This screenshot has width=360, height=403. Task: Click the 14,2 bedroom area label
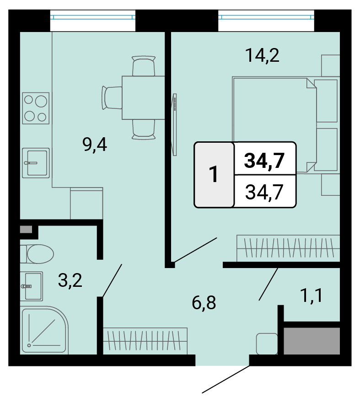click(262, 55)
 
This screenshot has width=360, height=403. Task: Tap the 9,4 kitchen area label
click(95, 145)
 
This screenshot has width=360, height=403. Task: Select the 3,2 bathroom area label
click(70, 280)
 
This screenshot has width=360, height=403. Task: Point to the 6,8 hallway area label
click(204, 303)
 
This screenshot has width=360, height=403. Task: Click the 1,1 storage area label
click(312, 296)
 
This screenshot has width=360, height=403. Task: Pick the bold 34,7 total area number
click(264, 161)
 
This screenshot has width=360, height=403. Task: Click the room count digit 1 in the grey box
click(214, 174)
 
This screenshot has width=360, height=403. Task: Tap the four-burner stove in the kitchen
click(36, 108)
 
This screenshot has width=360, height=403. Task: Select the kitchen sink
click(36, 163)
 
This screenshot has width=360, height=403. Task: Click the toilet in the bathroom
click(37, 254)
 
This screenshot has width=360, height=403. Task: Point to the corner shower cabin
click(44, 330)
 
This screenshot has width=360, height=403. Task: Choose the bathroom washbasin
click(32, 286)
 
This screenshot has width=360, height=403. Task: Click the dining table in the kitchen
click(143, 98)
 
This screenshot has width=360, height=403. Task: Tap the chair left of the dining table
click(112, 98)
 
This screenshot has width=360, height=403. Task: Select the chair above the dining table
click(144, 66)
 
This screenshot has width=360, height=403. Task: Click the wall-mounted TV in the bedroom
click(174, 124)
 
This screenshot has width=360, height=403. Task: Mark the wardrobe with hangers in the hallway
click(145, 341)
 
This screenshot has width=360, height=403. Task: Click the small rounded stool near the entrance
click(267, 344)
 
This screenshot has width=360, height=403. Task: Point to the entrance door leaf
click(226, 379)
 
